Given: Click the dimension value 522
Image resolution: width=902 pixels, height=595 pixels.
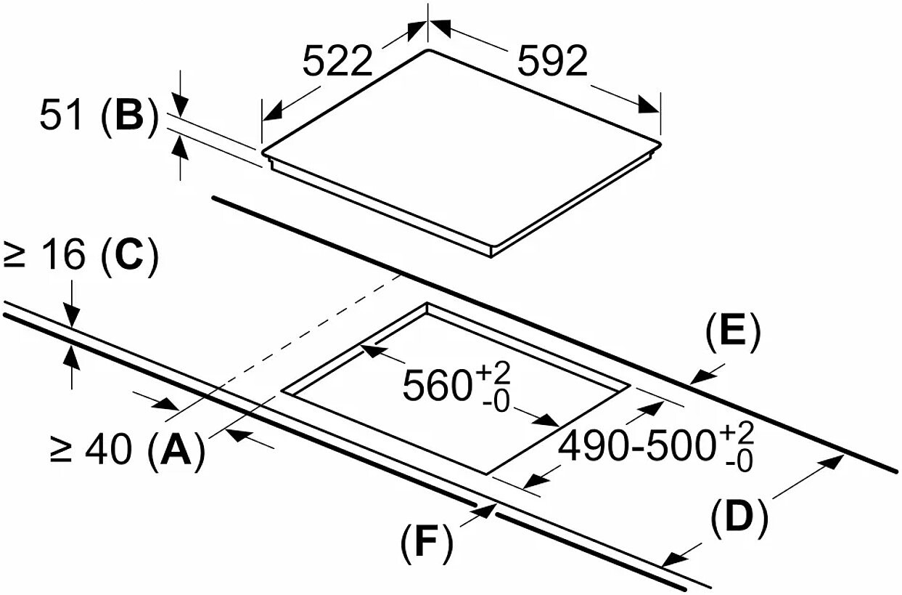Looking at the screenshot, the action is pyautogui.click(x=337, y=61).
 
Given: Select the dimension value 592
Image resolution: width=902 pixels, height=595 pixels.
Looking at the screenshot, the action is pyautogui.click(x=552, y=61).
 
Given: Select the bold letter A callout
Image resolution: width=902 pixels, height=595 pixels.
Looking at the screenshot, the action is pyautogui.click(x=176, y=448).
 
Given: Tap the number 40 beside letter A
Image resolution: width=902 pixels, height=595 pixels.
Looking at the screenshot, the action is pyautogui.click(x=108, y=448).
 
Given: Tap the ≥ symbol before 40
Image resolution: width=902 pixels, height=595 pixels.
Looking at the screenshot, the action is pyautogui.click(x=61, y=450).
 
